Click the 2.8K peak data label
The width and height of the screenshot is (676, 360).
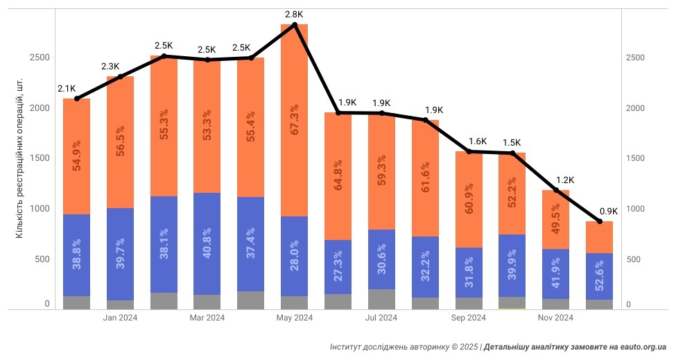point(294,14)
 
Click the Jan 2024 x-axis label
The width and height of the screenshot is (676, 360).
point(119,318)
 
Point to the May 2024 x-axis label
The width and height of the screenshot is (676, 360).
point(294,318)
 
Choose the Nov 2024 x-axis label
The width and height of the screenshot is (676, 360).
point(555,318)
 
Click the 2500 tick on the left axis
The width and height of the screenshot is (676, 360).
point(39,58)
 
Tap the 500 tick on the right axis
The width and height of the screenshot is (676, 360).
point(636,259)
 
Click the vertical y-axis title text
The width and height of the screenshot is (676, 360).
point(20,167)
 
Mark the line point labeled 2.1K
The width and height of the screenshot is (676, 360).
point(76,98)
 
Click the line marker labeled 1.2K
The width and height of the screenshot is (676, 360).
point(556,190)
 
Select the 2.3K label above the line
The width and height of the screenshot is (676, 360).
point(110,67)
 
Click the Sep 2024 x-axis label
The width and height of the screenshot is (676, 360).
point(468,318)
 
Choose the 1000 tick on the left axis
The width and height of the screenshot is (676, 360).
point(39,209)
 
